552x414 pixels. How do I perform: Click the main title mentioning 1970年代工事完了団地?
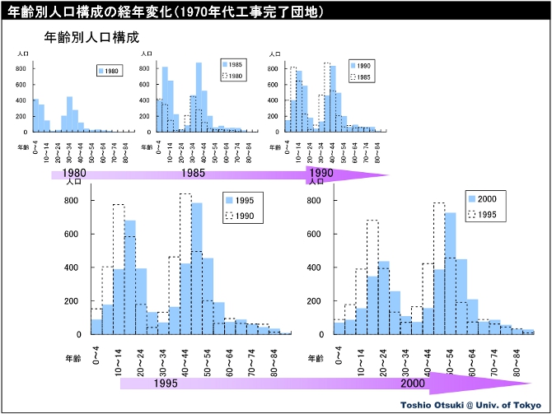pyautogui.click(x=164, y=12)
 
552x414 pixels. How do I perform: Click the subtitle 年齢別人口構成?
pyautogui.click(x=91, y=38)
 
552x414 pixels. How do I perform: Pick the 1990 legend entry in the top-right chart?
pyautogui.click(x=363, y=64)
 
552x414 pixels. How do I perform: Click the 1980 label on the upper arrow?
pyautogui.click(x=73, y=174)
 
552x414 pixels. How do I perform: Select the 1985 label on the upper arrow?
pyautogui.click(x=194, y=174)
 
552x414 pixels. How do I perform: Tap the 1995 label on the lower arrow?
pyautogui.click(x=166, y=383)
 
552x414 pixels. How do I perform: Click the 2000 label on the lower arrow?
pyautogui.click(x=413, y=383)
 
